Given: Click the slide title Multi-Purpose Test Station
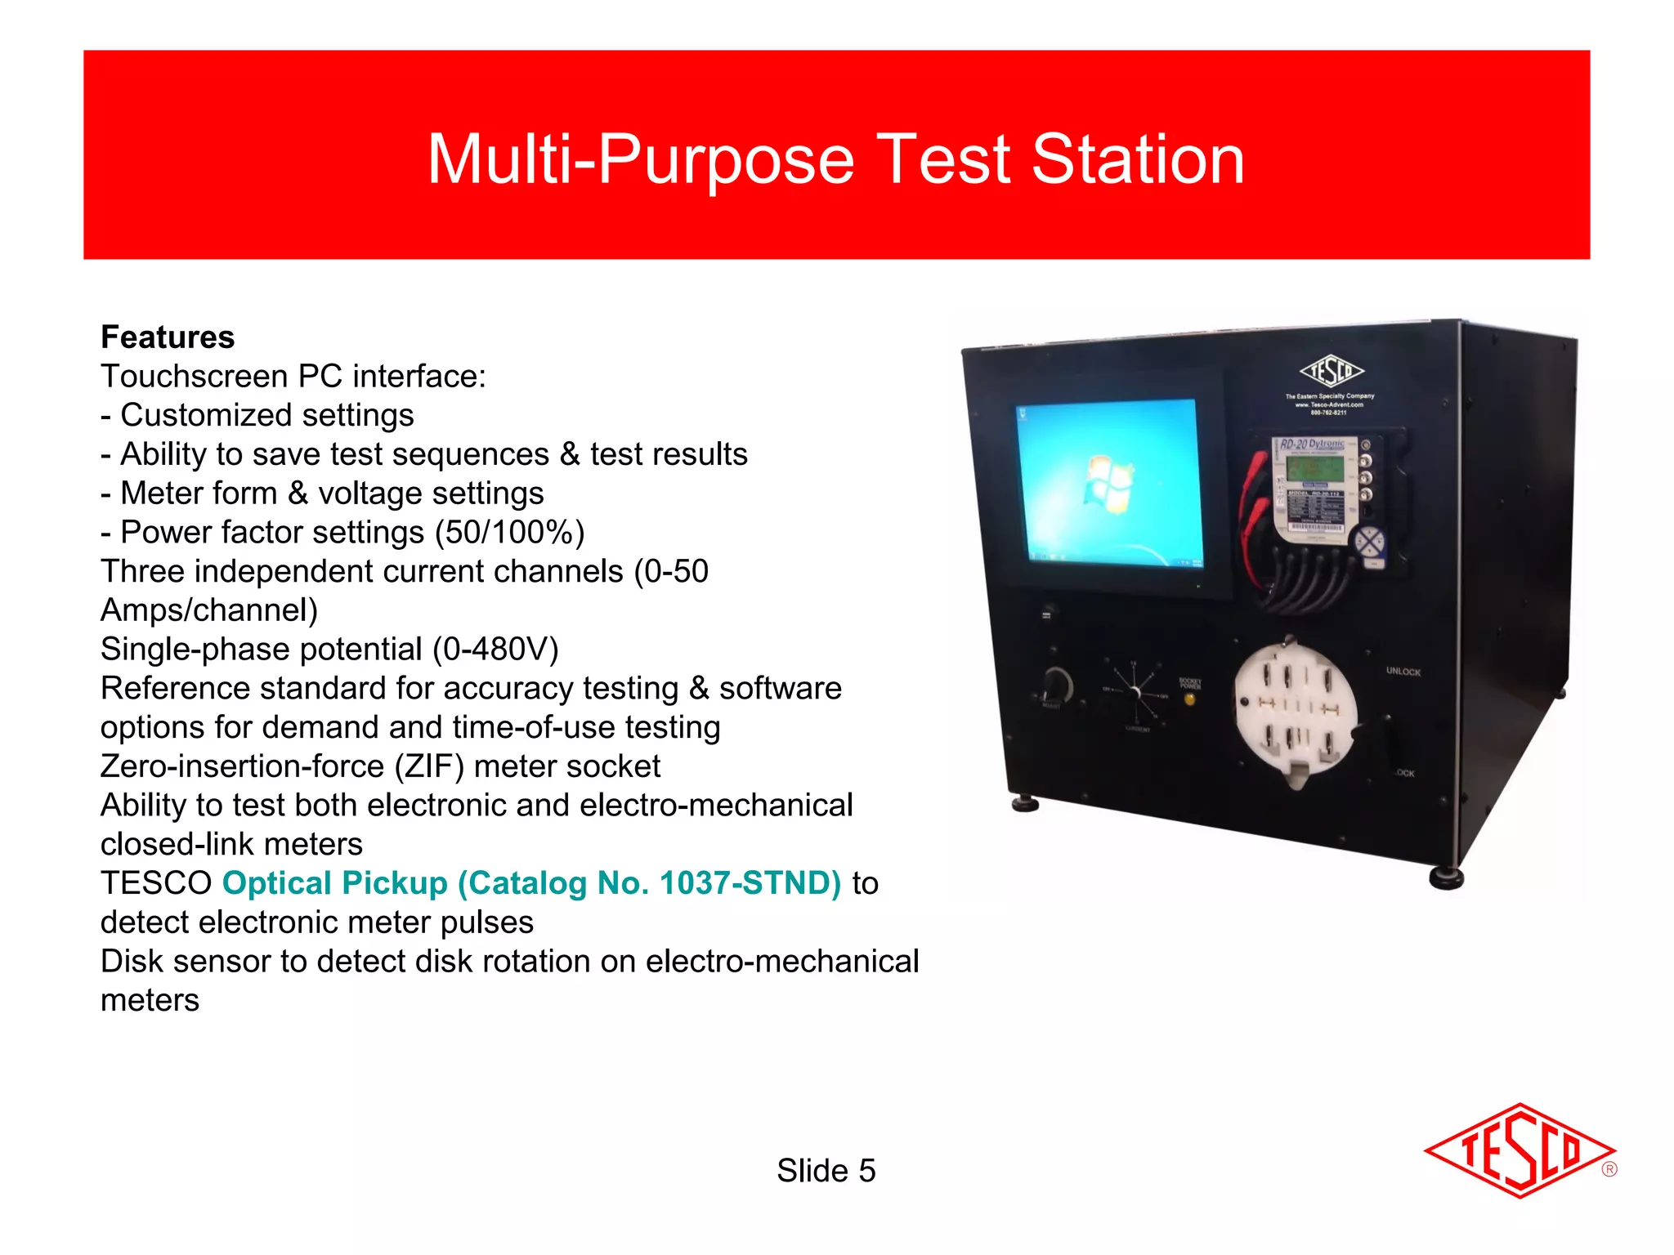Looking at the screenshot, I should (835, 159).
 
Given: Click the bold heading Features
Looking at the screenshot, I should (168, 337).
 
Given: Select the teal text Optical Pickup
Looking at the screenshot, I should (335, 883).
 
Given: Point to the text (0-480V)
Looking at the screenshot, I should (495, 650).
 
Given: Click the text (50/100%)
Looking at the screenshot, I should (509, 533).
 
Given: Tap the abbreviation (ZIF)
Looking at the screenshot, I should (429, 766).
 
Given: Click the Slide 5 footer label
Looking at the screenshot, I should (826, 1171).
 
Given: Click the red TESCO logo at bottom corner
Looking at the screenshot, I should (1520, 1150).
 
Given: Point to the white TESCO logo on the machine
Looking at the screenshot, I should (1332, 372).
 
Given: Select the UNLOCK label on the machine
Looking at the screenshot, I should (1403, 672).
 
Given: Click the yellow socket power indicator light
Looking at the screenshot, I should (1189, 699).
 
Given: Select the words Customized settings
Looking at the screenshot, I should (267, 416).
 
